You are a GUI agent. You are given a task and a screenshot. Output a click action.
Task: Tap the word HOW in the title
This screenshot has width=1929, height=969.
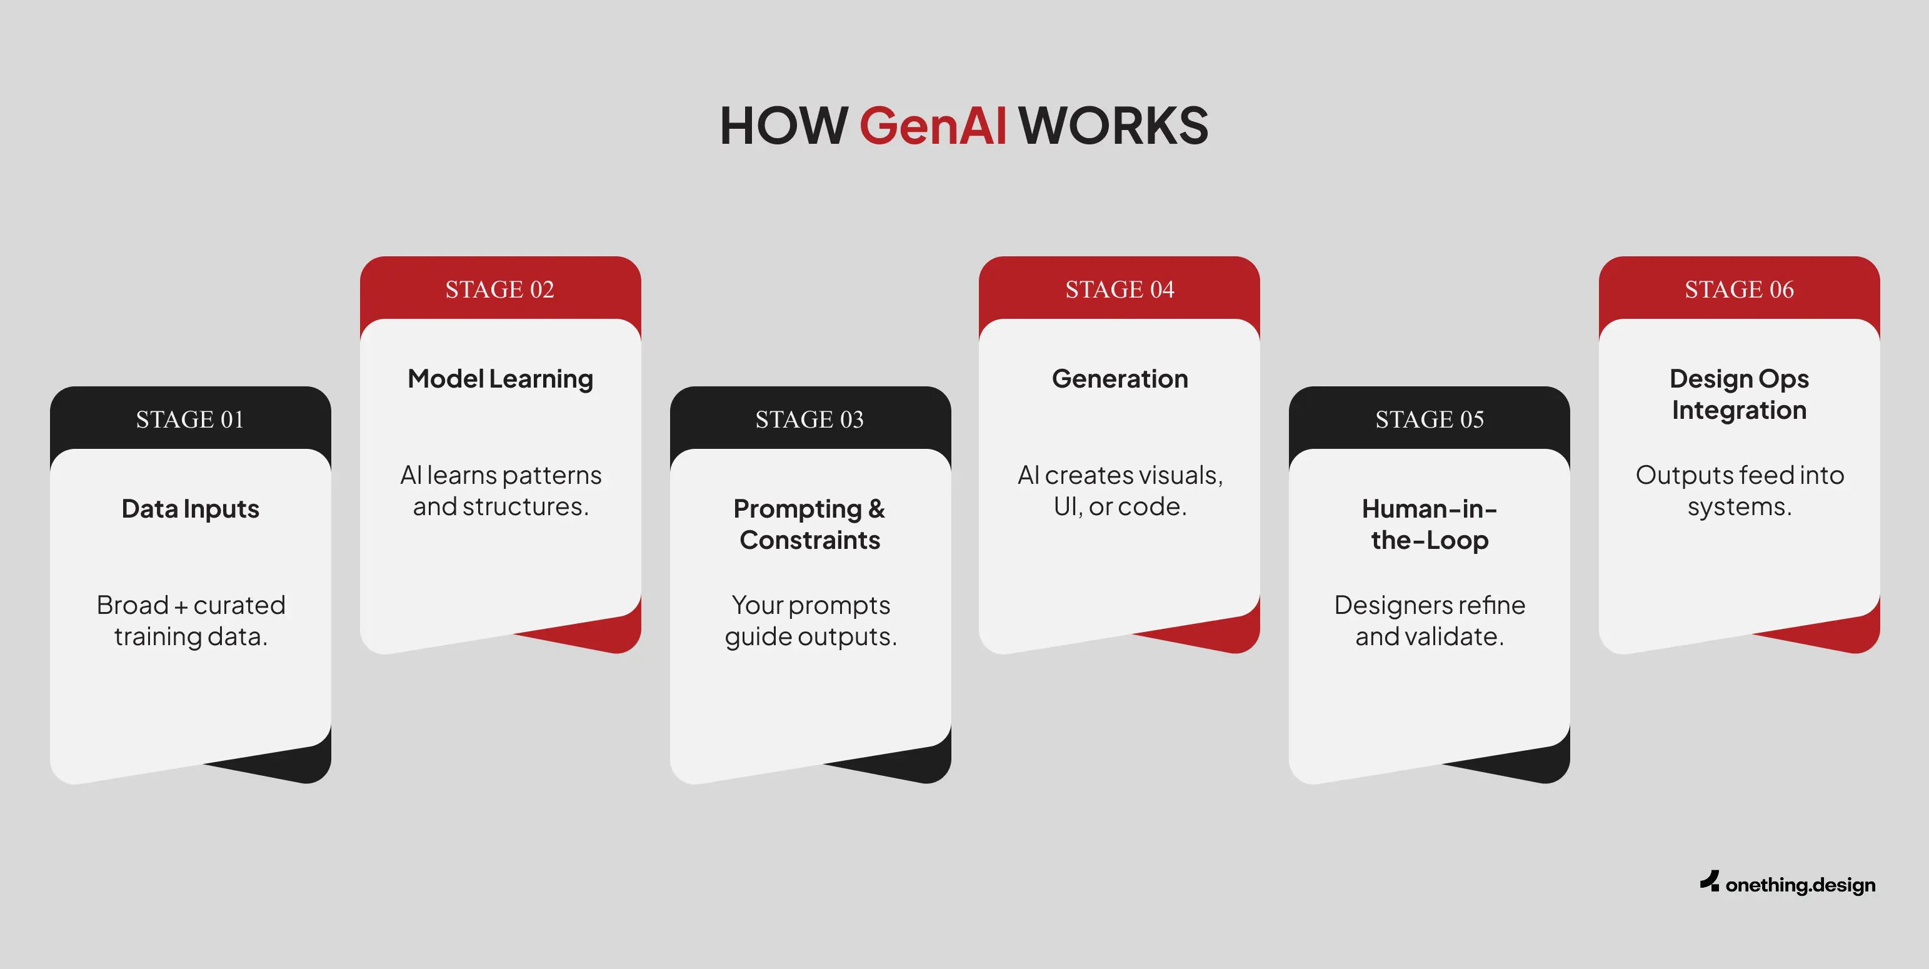[x=783, y=125]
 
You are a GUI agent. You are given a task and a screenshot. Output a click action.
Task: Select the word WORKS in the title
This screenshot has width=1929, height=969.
[x=1113, y=125]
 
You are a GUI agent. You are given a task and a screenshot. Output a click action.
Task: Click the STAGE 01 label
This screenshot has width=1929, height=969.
[x=190, y=419]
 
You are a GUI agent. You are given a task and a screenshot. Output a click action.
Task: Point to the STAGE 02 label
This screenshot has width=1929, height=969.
[x=500, y=289]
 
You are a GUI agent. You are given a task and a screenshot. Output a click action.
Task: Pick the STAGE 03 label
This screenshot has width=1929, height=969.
[x=809, y=419]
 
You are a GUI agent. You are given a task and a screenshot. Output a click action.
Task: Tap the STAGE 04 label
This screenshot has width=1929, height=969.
[x=1120, y=289]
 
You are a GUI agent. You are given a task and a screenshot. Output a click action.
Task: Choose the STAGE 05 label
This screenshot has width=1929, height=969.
[x=1430, y=419]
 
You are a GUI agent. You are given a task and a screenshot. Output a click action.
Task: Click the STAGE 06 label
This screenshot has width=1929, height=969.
[x=1739, y=289]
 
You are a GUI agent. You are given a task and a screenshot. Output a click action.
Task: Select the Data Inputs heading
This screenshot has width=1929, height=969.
[x=190, y=510]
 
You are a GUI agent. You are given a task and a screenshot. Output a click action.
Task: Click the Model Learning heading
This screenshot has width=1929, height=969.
[x=500, y=379]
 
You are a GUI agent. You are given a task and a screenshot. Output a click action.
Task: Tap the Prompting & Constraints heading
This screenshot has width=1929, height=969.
[x=809, y=524]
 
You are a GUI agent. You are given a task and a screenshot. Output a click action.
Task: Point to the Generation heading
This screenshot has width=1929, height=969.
[x=1120, y=379]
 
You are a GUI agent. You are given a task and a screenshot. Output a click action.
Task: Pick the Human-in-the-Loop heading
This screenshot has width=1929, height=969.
[x=1430, y=524]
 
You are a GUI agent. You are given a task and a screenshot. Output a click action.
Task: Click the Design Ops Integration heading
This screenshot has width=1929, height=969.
[x=1739, y=394]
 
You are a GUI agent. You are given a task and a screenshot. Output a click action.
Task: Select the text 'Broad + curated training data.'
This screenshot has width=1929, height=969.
[x=191, y=621]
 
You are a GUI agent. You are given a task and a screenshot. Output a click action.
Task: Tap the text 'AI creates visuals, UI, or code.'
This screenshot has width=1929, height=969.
[x=1120, y=491]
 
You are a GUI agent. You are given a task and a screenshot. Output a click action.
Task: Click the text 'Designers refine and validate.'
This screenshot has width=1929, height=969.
[x=1430, y=621]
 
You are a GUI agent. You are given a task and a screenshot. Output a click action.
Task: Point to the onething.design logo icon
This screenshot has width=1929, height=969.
[x=1710, y=881]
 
